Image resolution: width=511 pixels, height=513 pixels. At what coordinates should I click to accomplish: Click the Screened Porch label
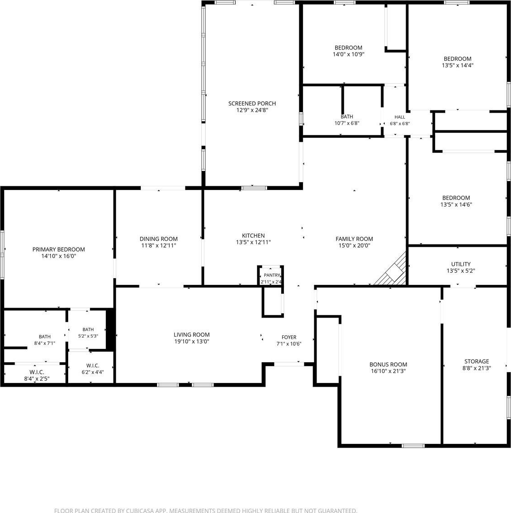(x=252, y=104)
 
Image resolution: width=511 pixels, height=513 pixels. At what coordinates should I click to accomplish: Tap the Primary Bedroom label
(x=59, y=249)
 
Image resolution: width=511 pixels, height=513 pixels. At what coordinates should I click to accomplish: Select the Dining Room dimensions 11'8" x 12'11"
(x=159, y=246)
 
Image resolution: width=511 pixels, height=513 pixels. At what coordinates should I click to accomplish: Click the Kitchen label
(x=253, y=235)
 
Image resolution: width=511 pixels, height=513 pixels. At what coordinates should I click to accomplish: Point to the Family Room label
(x=354, y=239)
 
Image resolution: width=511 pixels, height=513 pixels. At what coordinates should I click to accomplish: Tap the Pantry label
(x=272, y=275)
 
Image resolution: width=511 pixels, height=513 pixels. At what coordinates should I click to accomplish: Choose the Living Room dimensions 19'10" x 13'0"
(x=192, y=342)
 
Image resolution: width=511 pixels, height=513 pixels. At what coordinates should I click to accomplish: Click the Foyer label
(x=289, y=337)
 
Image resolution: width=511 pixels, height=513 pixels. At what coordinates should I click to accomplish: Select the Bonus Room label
(x=388, y=364)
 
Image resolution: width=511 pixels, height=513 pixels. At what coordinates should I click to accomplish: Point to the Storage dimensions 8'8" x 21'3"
(x=476, y=368)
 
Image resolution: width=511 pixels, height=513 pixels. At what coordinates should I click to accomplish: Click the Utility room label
(x=461, y=264)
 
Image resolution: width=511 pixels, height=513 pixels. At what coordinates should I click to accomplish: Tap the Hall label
(x=400, y=117)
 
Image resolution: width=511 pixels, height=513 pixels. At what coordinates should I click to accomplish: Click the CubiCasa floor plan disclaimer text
(x=205, y=510)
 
